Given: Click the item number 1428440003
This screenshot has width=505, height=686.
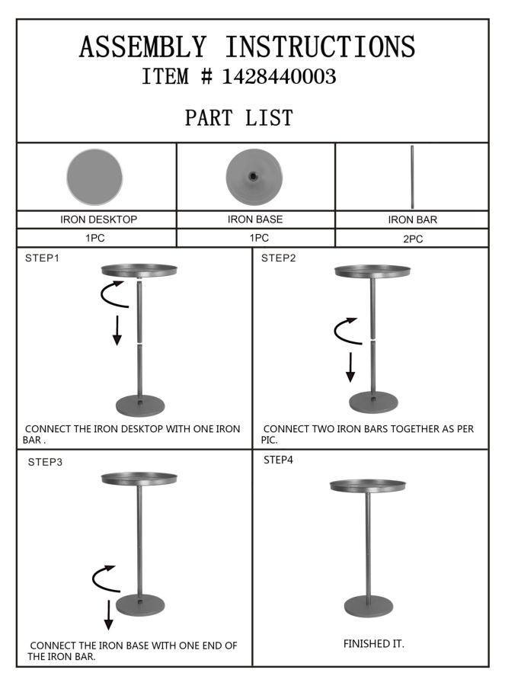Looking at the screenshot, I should click(x=279, y=77).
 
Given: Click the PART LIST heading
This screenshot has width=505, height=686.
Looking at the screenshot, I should click(x=238, y=118).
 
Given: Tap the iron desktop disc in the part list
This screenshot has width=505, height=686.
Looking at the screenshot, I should click(x=94, y=176).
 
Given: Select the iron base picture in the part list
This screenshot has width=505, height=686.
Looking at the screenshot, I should click(x=254, y=176).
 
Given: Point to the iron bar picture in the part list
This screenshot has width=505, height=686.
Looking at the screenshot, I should click(x=412, y=176).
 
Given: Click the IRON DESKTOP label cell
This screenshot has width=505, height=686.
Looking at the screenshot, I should click(x=98, y=220).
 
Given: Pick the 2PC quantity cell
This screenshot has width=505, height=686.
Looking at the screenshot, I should click(x=412, y=239).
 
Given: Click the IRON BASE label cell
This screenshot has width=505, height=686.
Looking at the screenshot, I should click(x=255, y=220).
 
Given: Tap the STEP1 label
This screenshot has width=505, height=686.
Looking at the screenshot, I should click(x=42, y=258).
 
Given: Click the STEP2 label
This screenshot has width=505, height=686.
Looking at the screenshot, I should click(x=279, y=258).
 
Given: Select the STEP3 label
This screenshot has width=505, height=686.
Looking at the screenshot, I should click(x=45, y=462).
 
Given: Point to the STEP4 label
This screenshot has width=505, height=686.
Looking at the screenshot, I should click(x=279, y=460).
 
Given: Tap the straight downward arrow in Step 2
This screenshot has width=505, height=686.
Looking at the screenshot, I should click(x=350, y=367).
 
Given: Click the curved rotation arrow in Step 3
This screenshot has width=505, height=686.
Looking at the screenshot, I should click(x=105, y=579).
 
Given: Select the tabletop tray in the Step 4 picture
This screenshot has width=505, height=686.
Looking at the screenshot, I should click(x=368, y=486).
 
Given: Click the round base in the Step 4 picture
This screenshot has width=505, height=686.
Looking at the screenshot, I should click(x=369, y=607).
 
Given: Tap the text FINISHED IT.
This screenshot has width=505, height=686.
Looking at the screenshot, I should click(x=373, y=644).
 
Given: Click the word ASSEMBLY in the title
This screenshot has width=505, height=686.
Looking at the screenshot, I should click(x=142, y=47).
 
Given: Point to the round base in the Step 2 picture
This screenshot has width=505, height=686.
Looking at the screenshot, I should click(x=373, y=402).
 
